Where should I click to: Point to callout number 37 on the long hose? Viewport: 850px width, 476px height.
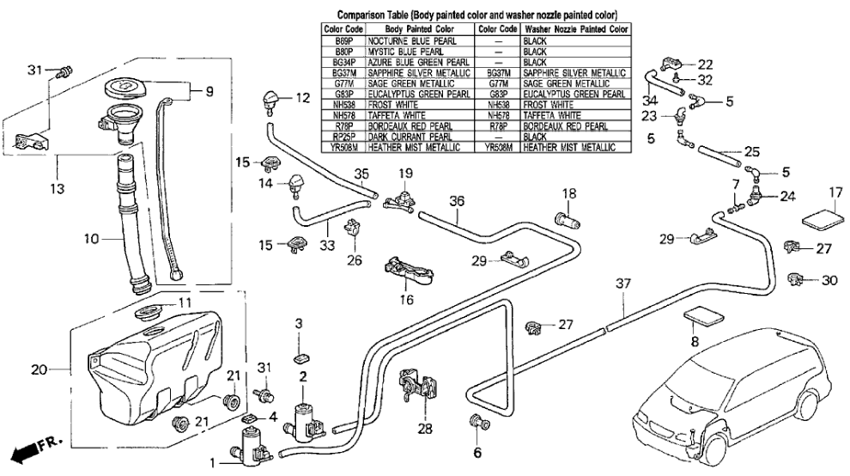coord(623,282)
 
